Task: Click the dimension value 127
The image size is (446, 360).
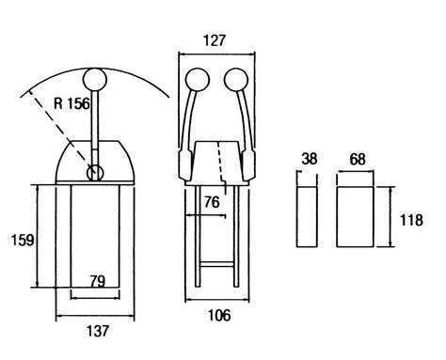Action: (215, 40)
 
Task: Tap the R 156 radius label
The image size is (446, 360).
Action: (72, 103)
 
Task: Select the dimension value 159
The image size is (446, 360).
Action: (23, 241)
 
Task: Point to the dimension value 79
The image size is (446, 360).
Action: (97, 281)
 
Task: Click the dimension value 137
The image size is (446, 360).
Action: (98, 331)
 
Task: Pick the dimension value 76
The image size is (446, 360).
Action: (212, 202)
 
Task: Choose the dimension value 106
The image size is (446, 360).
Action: (219, 315)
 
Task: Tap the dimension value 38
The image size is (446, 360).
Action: (310, 159)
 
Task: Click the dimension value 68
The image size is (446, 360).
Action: (358, 159)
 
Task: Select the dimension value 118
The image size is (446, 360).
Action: (411, 220)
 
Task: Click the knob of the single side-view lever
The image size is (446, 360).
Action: (95, 79)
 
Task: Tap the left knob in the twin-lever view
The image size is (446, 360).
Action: (198, 80)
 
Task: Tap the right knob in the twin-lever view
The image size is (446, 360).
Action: (236, 80)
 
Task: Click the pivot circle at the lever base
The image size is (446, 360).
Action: (95, 172)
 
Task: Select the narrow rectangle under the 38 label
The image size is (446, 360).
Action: (307, 217)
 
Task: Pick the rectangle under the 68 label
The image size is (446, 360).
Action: (355, 217)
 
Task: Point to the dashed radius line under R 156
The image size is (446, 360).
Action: (59, 130)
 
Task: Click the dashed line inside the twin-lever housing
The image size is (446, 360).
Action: (222, 167)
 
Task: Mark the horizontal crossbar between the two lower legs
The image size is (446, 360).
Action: (216, 264)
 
